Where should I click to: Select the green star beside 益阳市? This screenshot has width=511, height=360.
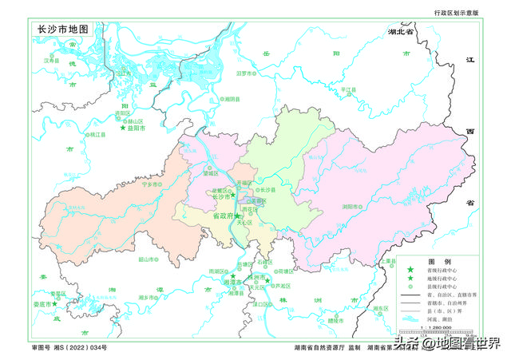(x=123, y=128)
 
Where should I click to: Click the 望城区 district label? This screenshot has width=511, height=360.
(x=210, y=172)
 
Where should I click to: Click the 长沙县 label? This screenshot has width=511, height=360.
(x=266, y=189)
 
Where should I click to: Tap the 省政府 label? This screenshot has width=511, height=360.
(x=222, y=216)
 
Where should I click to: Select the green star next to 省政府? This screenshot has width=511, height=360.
(x=237, y=216)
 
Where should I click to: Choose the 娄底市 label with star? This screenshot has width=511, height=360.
(x=42, y=304)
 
